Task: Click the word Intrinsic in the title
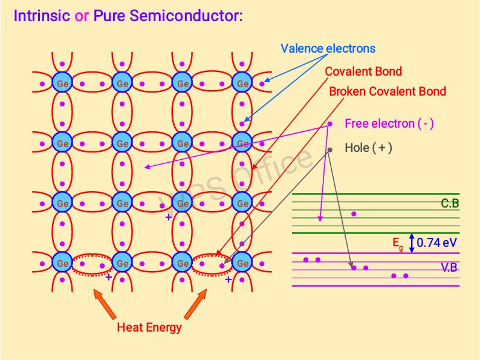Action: [x=42, y=16]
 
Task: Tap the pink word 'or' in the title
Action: [x=82, y=16]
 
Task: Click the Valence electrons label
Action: [x=328, y=48]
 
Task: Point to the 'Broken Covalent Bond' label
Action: [x=388, y=91]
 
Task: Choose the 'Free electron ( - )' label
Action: [x=389, y=124]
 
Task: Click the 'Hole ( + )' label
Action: [x=368, y=147]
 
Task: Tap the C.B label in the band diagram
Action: [x=449, y=204]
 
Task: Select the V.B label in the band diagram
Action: [x=449, y=267]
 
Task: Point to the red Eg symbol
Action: [x=398, y=243]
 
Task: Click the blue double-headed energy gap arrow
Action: [x=412, y=243]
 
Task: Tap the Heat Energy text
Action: [x=149, y=328]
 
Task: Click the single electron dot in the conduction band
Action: [x=354, y=214]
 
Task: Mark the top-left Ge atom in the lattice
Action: [x=62, y=83]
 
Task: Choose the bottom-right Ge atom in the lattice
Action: [x=242, y=264]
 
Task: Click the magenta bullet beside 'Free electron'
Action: [x=330, y=125]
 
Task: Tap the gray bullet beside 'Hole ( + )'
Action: [x=330, y=149]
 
